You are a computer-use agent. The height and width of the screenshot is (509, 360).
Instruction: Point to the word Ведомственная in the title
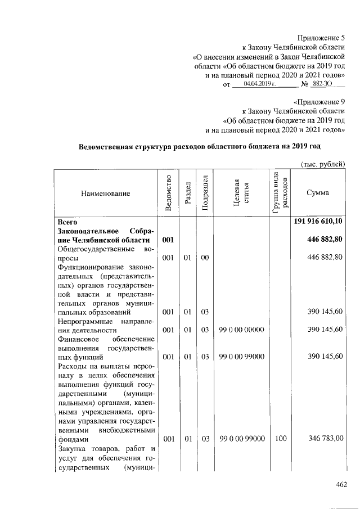pos(106,147)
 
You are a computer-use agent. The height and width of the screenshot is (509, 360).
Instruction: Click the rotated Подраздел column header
pos(205,193)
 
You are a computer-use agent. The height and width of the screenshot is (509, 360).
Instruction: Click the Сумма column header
pos(318,193)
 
